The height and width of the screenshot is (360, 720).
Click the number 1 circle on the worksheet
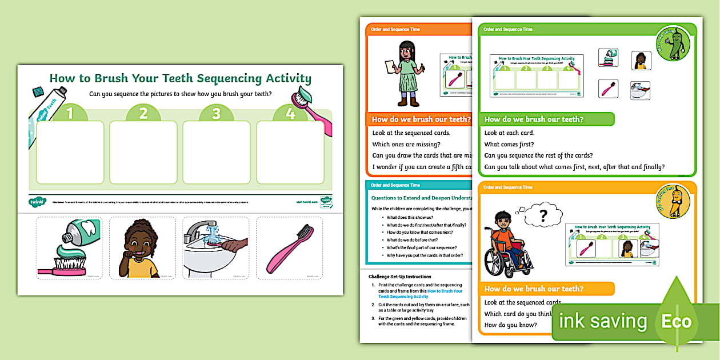pos(70,113)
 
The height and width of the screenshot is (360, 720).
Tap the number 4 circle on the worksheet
pos(290,113)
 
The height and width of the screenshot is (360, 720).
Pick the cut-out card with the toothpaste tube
pos(69,247)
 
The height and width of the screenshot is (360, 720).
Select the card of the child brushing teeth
pos(142,247)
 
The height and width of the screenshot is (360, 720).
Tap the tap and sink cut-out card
pos(216,247)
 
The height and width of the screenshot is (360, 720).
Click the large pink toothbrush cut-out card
pos(289,247)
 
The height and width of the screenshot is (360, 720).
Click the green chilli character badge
pos(673,43)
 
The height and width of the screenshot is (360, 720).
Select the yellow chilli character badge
pos(673,201)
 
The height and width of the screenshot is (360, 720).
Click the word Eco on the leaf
pos(677,321)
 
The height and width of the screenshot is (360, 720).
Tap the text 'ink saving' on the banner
pos(602,321)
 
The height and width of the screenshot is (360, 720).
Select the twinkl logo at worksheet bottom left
pos(37,201)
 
